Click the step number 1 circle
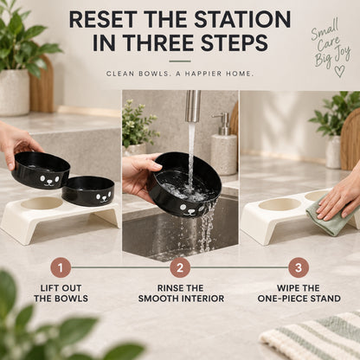pyautogui.click(x=61, y=267)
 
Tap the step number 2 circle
pyautogui.click(x=180, y=267)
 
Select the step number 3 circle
pyautogui.click(x=299, y=267)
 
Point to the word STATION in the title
pyautogui.click(x=242, y=20)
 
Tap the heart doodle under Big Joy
pyautogui.click(x=339, y=71)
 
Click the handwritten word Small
pyautogui.click(x=325, y=29)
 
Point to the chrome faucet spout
pyautogui.click(x=193, y=106)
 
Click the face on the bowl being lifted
pyautogui.click(x=50, y=180)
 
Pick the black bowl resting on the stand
pyautogui.click(x=88, y=190)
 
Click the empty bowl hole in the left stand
pyautogui.click(x=42, y=203)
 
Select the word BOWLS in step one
pyautogui.click(x=74, y=299)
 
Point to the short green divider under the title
pyautogui.click(x=180, y=61)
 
